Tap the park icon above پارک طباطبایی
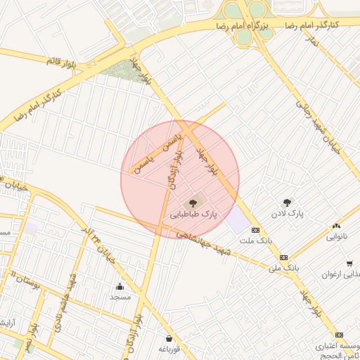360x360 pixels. pyautogui.click(x=193, y=200)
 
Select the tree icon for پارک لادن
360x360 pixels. pyautogui.click(x=286, y=202)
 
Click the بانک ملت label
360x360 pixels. pyautogui.click(x=255, y=240)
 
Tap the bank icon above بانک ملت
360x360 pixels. pyautogui.click(x=255, y=230)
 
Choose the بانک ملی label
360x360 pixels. pyautogui.click(x=285, y=268)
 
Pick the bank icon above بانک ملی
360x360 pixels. pyautogui.click(x=283, y=257)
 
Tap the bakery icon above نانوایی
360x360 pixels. pyautogui.click(x=336, y=226)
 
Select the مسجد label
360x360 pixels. pyautogui.click(x=120, y=297)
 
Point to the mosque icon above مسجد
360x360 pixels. pyautogui.click(x=119, y=286)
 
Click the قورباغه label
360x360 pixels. pyautogui.click(x=169, y=349)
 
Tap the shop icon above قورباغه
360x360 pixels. pyautogui.click(x=168, y=338)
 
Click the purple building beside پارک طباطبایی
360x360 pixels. pyautogui.click(x=238, y=220)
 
